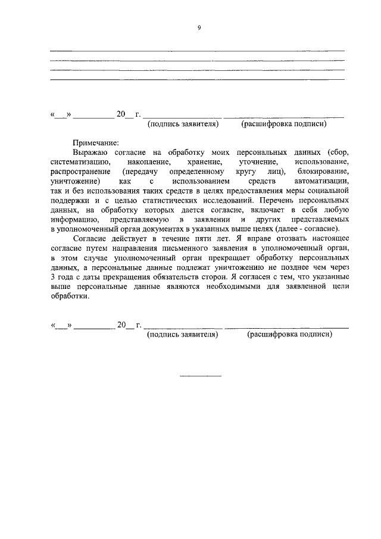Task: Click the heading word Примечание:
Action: pos(96,142)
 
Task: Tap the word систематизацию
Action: pos(79,162)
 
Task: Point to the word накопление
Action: pos(149,162)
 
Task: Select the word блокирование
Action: pos(322,172)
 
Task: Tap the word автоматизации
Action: pos(321,181)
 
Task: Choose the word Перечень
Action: pos(277,200)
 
